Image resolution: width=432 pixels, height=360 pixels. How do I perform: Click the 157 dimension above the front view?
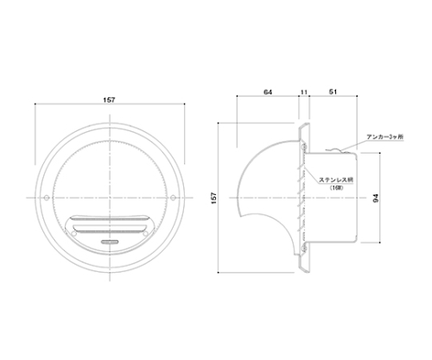[x=109, y=100]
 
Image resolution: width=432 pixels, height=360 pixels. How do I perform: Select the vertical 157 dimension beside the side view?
[x=214, y=198]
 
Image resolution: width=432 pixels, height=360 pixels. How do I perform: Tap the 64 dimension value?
[x=268, y=92]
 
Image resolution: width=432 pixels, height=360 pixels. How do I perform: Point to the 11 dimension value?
[x=304, y=92]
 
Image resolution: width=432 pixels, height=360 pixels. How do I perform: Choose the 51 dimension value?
[x=333, y=92]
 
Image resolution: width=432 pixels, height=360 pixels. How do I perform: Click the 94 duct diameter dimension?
[x=376, y=198]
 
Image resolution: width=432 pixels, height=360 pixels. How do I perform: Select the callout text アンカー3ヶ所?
[x=385, y=137]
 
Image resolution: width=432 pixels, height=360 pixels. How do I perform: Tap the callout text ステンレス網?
[x=336, y=180]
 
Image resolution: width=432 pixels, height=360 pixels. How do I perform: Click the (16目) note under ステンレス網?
[x=336, y=187]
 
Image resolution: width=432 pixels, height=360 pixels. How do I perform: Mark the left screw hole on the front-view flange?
[x=47, y=198]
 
